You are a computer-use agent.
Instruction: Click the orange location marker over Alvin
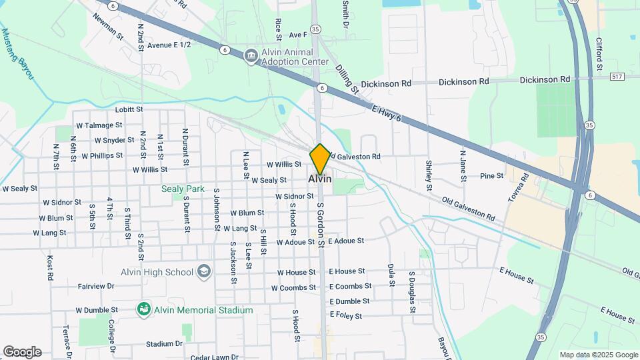click(x=320, y=159)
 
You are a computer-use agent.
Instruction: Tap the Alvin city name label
click(x=320, y=179)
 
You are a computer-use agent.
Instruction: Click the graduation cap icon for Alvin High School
click(x=204, y=271)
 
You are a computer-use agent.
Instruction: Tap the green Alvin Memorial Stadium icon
click(x=143, y=309)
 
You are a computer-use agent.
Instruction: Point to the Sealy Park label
click(x=183, y=189)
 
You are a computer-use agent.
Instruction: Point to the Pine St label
click(x=491, y=176)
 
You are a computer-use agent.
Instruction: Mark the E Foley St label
click(x=345, y=316)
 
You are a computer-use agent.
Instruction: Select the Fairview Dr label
click(x=97, y=286)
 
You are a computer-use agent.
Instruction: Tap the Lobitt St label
click(x=129, y=109)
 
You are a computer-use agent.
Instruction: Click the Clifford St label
click(x=599, y=54)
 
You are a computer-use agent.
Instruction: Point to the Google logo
click(x=22, y=351)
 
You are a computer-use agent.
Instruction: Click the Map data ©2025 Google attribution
click(x=599, y=355)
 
